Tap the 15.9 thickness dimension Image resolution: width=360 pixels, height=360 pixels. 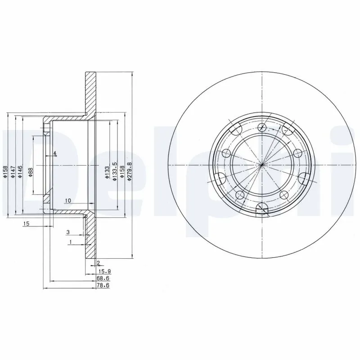(104, 271)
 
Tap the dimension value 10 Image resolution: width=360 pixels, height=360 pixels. (67, 200)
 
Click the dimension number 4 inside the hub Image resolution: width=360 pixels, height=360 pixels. (54, 154)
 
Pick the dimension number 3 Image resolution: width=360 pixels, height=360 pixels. (68, 232)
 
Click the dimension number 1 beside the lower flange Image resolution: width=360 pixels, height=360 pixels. (71, 242)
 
